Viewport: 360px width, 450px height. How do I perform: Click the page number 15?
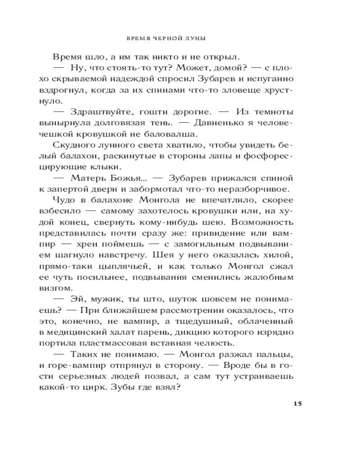pos(297,403)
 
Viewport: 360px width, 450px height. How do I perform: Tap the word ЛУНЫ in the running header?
pos(196,39)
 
